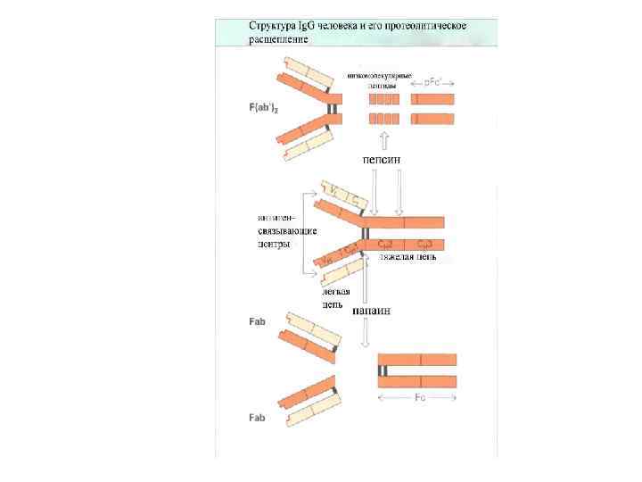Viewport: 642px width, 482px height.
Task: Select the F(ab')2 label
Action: [x=263, y=107]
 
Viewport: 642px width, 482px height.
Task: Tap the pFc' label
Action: [x=435, y=82]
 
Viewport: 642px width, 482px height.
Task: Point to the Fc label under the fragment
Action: [x=418, y=397]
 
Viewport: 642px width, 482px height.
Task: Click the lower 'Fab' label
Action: [x=257, y=418]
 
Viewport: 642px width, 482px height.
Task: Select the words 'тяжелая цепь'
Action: [x=407, y=258]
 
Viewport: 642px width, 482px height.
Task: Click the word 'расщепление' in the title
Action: [x=279, y=39]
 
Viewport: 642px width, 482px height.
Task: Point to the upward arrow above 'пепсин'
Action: [x=383, y=140]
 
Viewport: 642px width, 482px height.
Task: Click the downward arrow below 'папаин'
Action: [x=365, y=333]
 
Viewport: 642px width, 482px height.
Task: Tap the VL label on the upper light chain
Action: [x=332, y=191]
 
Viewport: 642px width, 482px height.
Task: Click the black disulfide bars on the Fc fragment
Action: [x=383, y=370]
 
